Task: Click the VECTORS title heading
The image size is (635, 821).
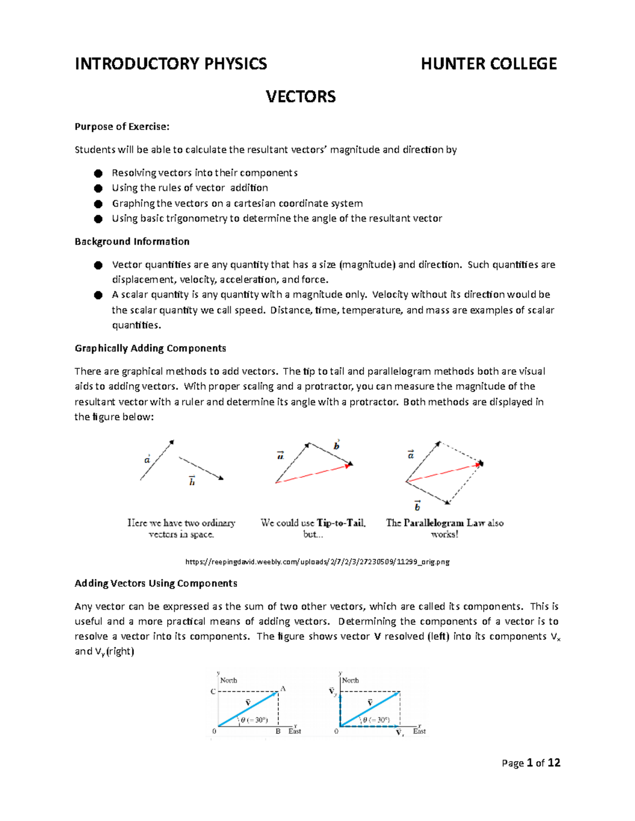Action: click(301, 97)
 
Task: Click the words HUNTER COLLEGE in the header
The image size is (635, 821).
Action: click(488, 64)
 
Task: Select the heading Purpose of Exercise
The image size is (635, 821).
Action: click(122, 126)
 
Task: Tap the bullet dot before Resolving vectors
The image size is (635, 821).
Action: click(98, 173)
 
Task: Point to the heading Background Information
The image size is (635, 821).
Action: click(132, 242)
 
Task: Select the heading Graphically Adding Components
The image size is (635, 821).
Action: click(150, 348)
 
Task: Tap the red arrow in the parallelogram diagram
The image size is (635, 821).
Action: click(444, 473)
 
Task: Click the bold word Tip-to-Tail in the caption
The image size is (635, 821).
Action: click(341, 523)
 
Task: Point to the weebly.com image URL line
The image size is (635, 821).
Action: click(317, 562)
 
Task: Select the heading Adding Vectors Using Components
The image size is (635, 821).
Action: click(156, 584)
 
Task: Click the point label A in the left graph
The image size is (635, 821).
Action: click(283, 689)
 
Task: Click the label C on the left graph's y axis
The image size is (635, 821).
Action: click(213, 691)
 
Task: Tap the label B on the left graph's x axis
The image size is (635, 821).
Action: click(278, 732)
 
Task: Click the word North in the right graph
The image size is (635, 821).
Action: click(350, 680)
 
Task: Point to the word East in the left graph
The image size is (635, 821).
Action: click(295, 731)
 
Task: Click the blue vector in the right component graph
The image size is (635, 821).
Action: click(370, 708)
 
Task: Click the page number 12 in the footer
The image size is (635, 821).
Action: click(554, 763)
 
